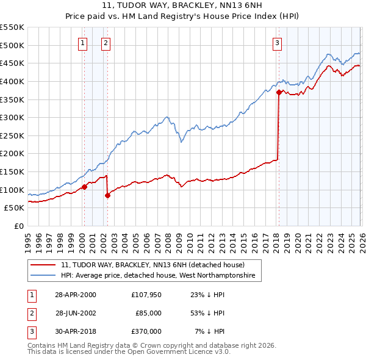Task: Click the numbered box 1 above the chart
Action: [x=82, y=43]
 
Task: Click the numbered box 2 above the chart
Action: [x=106, y=43]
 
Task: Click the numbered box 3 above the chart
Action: [x=278, y=43]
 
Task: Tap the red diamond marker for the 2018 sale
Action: [x=279, y=93]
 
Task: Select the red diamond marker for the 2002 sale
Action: [x=107, y=195]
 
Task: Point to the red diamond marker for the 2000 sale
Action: [x=84, y=187]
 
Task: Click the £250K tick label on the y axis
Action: [x=12, y=135]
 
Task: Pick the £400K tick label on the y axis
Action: [x=12, y=81]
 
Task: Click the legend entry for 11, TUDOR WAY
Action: [x=152, y=265]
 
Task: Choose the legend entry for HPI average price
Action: [x=160, y=276]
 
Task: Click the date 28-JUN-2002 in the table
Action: [x=76, y=313]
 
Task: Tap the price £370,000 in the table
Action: [x=146, y=331]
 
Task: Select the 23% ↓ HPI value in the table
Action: [x=207, y=295]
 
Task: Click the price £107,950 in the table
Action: [x=146, y=295]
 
